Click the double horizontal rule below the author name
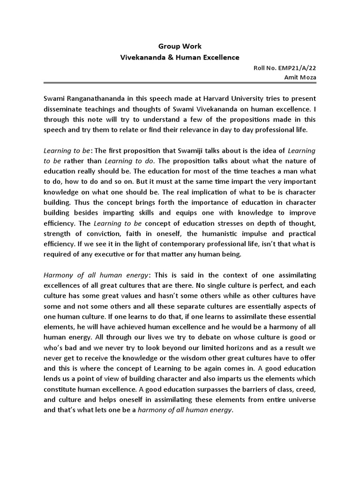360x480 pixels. [180, 83]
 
